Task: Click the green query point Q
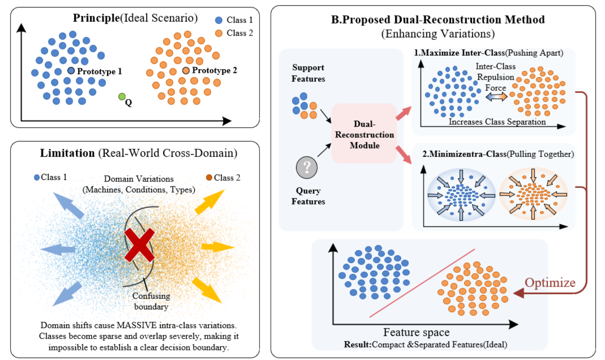coord(121,97)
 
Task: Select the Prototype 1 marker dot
coord(71,70)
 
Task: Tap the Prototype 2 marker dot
coord(186,70)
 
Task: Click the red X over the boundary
coord(140,245)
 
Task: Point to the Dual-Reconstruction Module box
coord(364,134)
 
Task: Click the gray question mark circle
coord(307,167)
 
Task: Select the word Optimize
coord(550,283)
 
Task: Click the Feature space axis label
coord(416,332)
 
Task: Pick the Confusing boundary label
coord(151,301)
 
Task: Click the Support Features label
coord(308,73)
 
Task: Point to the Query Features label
coord(308,196)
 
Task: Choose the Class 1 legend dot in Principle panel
coord(219,20)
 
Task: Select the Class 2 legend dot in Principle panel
coord(219,33)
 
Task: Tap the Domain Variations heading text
coord(138,179)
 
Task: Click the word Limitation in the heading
coord(67,153)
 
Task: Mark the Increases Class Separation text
coord(497,122)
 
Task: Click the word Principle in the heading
coord(96,18)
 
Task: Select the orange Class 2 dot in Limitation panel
coord(209,178)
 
